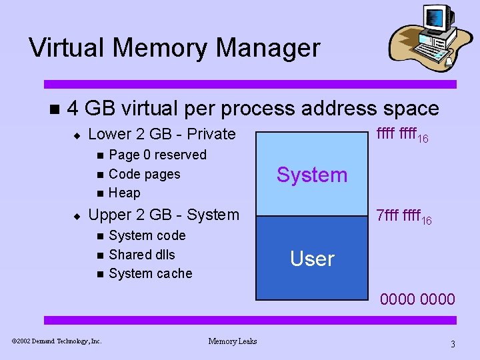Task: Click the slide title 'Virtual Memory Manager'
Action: click(x=174, y=48)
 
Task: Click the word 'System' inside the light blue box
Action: click(x=312, y=175)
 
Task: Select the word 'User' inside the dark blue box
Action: click(x=312, y=259)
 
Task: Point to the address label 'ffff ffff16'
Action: click(x=402, y=135)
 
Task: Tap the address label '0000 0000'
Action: click(x=417, y=299)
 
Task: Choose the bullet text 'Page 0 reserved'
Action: click(x=157, y=155)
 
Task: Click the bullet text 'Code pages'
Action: click(x=144, y=174)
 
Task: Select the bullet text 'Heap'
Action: click(x=124, y=193)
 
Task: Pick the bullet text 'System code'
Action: click(x=147, y=235)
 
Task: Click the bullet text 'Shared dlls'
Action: click(x=141, y=254)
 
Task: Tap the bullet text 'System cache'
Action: click(x=150, y=273)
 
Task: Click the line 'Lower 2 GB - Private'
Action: click(x=162, y=134)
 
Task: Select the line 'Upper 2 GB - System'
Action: click(x=163, y=215)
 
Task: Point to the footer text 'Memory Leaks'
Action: click(x=232, y=341)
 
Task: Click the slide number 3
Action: click(x=453, y=344)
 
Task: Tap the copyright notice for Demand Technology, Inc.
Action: click(x=57, y=341)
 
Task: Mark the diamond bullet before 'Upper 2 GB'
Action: click(x=77, y=215)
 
